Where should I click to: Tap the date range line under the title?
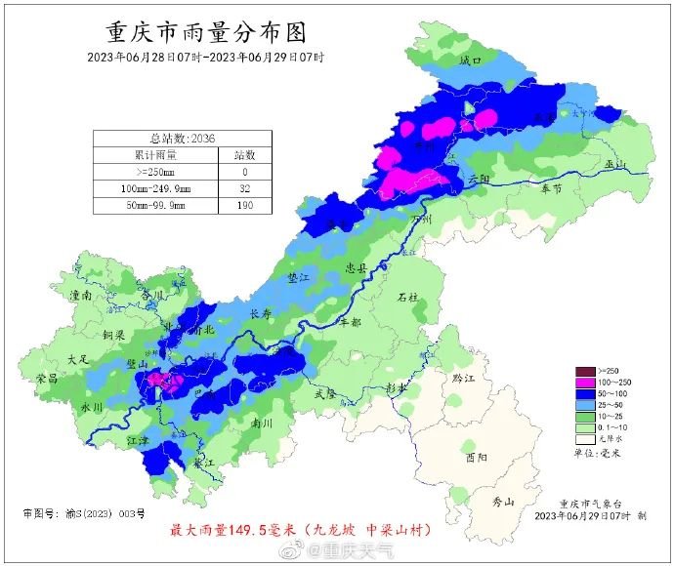206,57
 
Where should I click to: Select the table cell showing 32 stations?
244,188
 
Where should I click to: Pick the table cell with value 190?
244,206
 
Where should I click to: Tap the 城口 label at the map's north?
471,61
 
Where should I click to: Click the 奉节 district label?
552,187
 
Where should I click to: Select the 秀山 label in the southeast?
503,503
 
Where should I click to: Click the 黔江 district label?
450,377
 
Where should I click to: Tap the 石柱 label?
408,296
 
